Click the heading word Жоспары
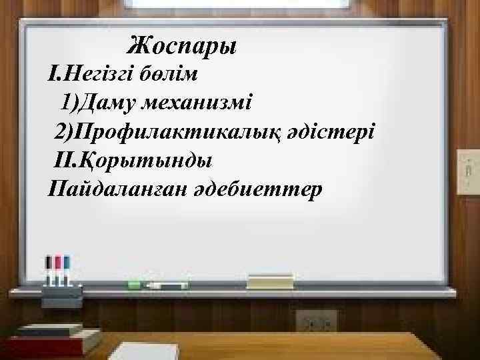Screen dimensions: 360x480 coord(182,46)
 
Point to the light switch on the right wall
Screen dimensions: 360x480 coord(467,171)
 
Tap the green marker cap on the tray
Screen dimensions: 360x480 coord(134,285)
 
